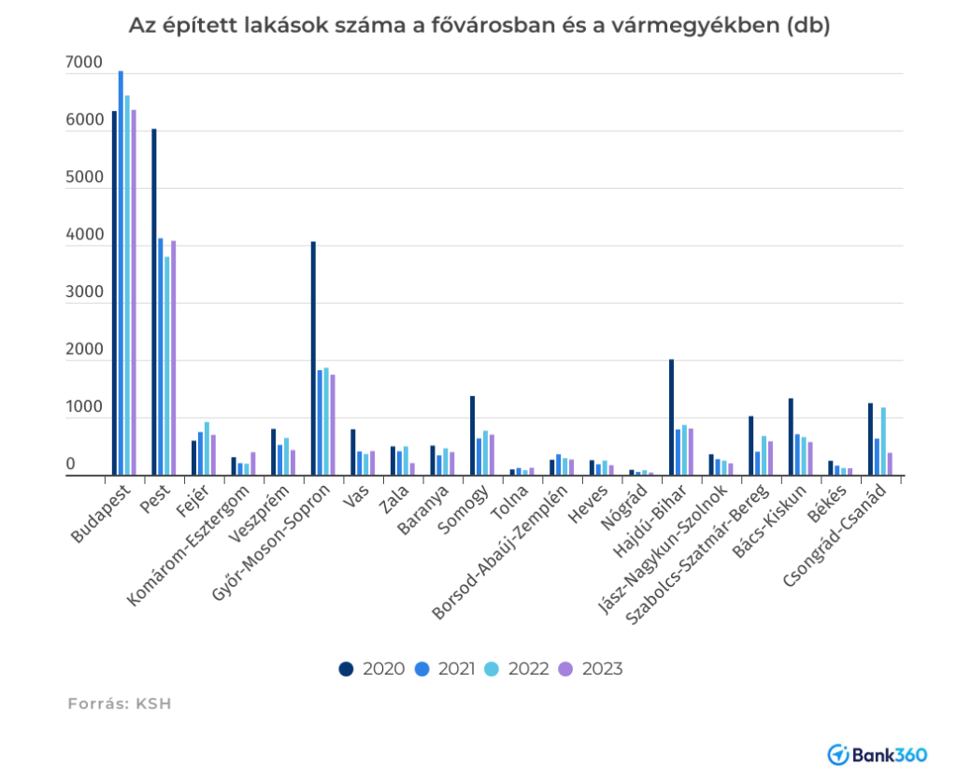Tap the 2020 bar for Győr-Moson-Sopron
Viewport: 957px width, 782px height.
coord(313,359)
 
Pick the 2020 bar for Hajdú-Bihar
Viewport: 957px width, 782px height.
coord(671,418)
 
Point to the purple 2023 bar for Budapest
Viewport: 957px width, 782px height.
coord(134,292)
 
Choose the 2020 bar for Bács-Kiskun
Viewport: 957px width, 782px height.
coord(791,437)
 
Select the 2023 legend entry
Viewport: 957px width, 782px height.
coord(591,669)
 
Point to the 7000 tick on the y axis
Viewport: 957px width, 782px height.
coord(84,64)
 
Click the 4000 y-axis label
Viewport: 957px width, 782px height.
coord(84,236)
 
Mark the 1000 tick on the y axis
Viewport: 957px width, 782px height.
coord(84,408)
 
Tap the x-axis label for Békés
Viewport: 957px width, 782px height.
coord(832,505)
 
